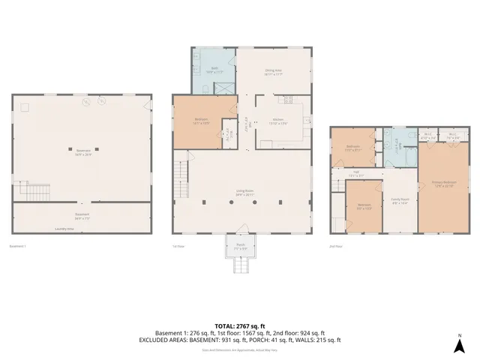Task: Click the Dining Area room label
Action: [x=272, y=73]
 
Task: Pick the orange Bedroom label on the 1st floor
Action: [x=201, y=120]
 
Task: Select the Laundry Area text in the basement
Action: [x=64, y=229]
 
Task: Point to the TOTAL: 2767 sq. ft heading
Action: [x=240, y=325]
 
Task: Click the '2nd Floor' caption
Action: [x=336, y=245]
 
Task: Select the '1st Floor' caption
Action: [x=178, y=245]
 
